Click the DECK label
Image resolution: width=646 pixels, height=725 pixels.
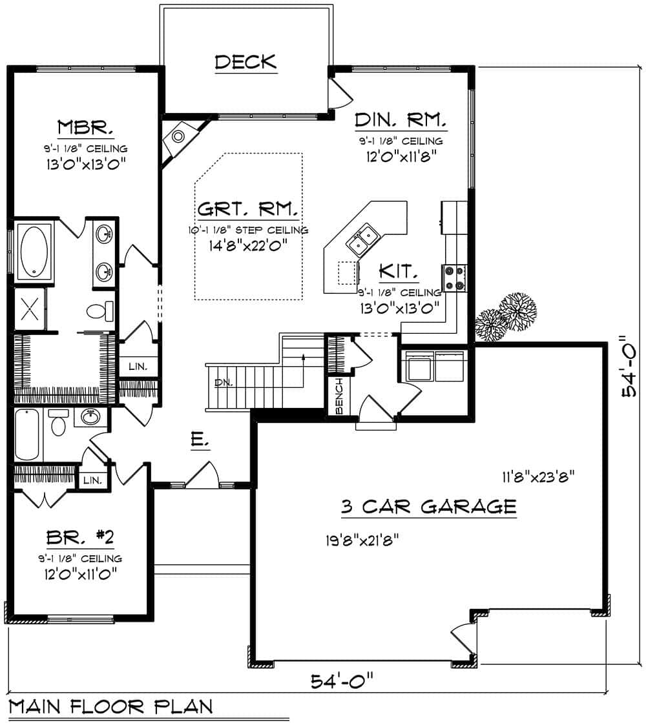pyautogui.click(x=245, y=62)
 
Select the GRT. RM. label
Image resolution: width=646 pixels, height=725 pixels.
pyautogui.click(x=247, y=210)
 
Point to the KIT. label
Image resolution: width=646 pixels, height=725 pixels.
pyautogui.click(x=398, y=271)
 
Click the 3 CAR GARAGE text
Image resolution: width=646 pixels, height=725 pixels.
pyautogui.click(x=428, y=507)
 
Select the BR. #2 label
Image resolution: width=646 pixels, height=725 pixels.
pyautogui.click(x=79, y=537)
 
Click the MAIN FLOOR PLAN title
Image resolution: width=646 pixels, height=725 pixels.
pyautogui.click(x=110, y=706)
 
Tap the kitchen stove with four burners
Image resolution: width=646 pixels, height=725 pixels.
pyautogui.click(x=453, y=278)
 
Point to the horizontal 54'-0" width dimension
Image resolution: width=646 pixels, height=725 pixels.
pyautogui.click(x=342, y=680)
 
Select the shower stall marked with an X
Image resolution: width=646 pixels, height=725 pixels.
pyautogui.click(x=30, y=309)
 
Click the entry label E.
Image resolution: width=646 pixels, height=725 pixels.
pyautogui.click(x=198, y=442)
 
